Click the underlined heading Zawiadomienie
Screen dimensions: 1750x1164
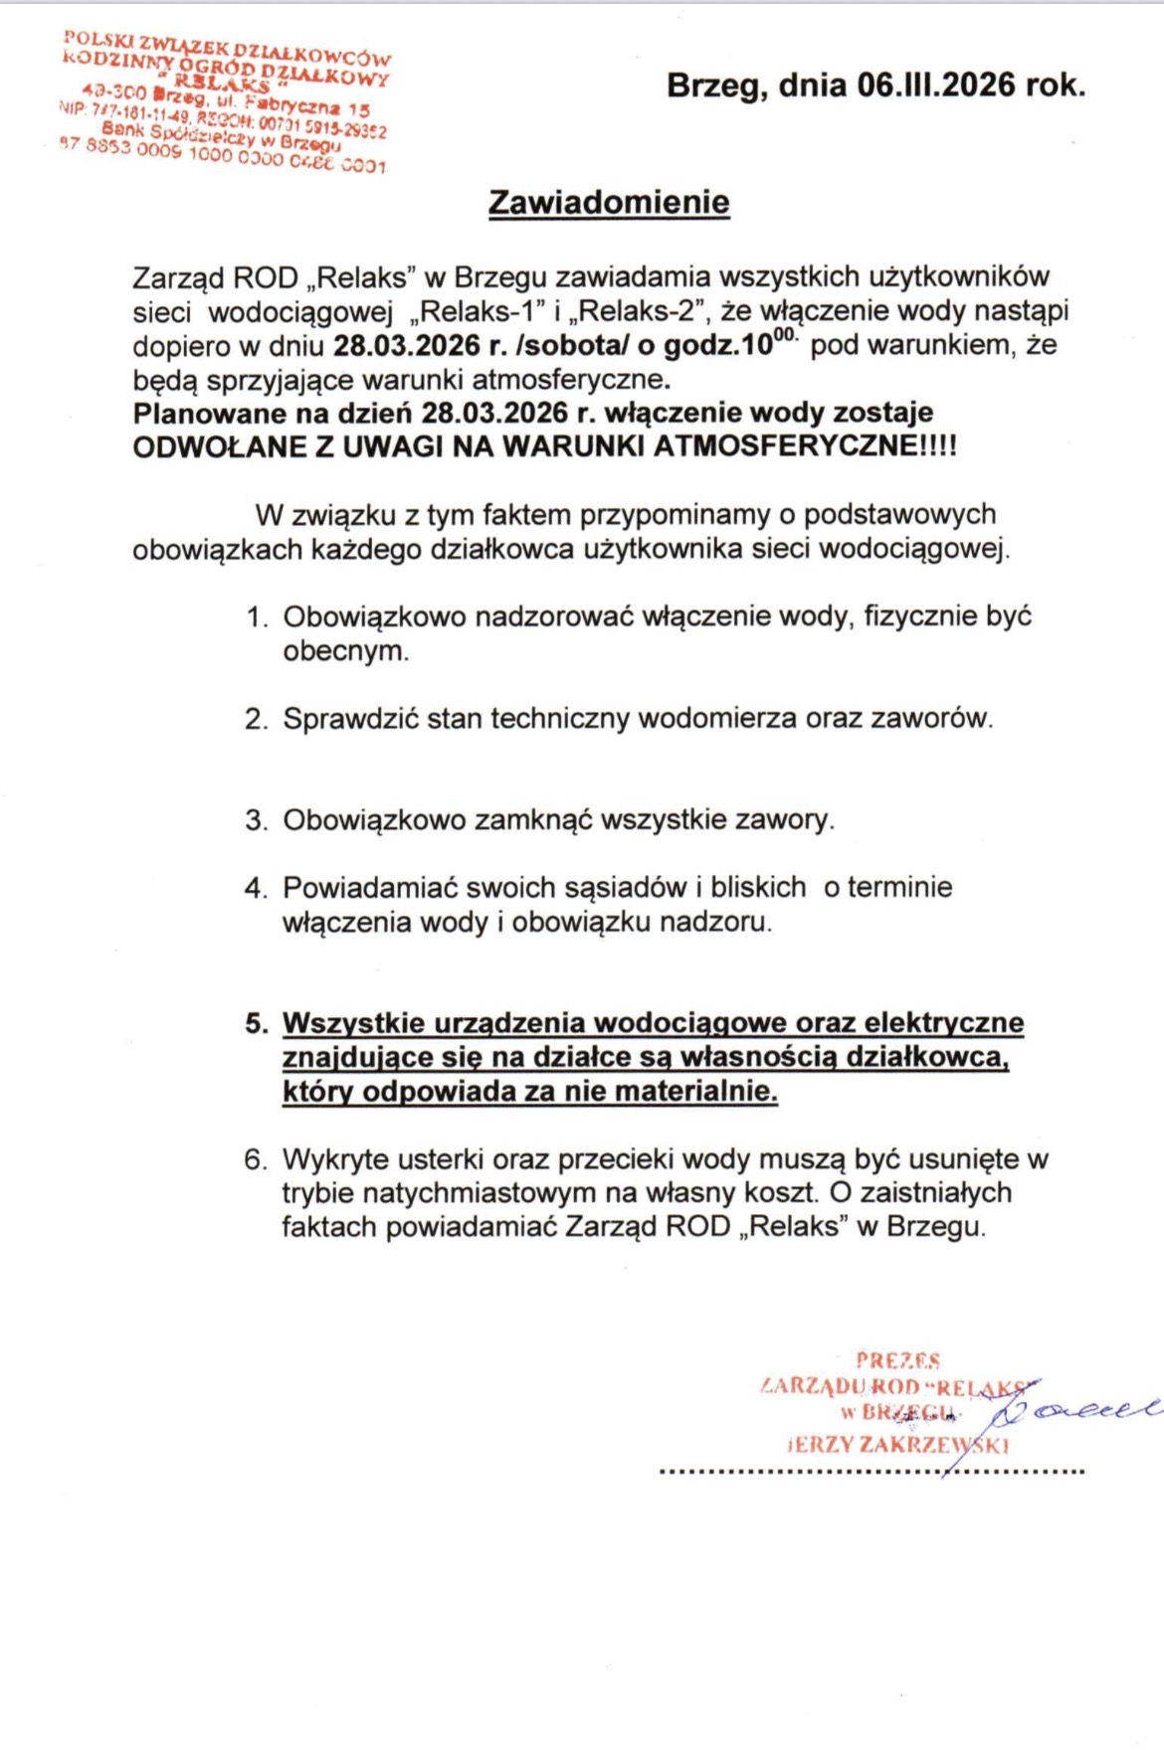tap(609, 202)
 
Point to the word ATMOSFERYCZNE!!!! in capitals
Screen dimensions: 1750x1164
tap(804, 446)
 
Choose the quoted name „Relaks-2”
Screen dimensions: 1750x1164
tap(637, 311)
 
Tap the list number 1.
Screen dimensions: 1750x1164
tap(257, 617)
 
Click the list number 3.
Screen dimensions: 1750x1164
tap(257, 820)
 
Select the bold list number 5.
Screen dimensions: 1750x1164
tap(257, 1023)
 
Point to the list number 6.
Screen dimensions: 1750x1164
tap(256, 1159)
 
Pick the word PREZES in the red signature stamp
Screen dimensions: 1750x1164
tap(897, 1360)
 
